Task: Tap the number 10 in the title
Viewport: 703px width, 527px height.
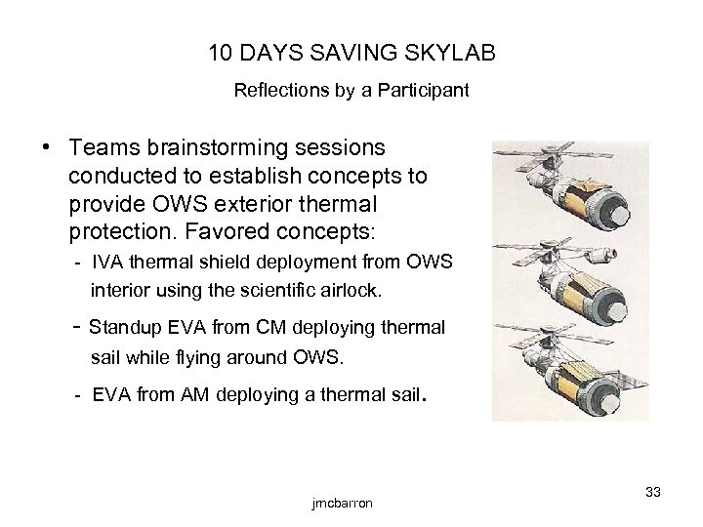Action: point(222,51)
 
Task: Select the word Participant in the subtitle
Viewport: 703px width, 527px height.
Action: point(427,92)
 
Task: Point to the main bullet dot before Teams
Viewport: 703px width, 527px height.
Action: point(46,147)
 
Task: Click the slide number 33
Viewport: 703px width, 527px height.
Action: point(652,492)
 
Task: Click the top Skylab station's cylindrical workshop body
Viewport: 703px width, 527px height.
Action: point(584,202)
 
